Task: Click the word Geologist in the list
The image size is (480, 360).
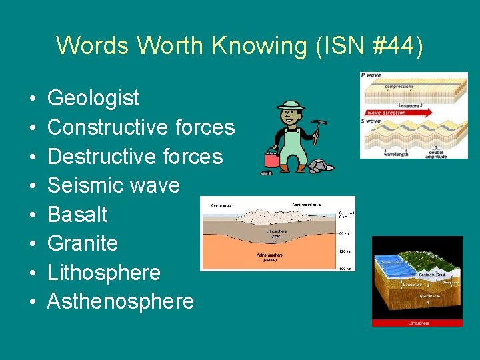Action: point(93,98)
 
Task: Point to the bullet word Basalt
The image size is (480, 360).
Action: point(77,214)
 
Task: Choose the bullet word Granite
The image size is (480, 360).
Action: point(83,243)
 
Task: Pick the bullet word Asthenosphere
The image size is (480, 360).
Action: point(121,301)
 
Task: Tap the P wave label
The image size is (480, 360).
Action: point(372,76)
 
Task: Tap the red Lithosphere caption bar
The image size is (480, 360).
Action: point(417,323)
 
